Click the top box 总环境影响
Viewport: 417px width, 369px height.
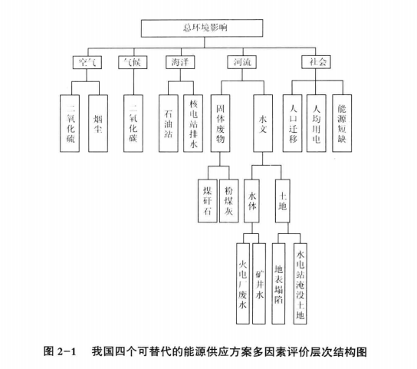coord(202,28)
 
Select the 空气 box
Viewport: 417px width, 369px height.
coord(87,62)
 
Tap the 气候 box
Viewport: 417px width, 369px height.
coord(133,62)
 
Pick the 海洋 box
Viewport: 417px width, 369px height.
coord(180,62)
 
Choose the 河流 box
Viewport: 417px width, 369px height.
coord(242,62)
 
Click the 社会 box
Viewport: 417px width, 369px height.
coord(317,62)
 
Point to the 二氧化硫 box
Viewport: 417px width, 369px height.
coord(70,124)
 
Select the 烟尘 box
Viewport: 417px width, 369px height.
coord(98,124)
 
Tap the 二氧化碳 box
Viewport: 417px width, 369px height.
coord(133,124)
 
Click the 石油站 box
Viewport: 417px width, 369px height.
coord(169,124)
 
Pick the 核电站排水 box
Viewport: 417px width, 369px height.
coord(193,124)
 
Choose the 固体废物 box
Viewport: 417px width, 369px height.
coord(220,124)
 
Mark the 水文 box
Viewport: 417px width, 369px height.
coord(263,124)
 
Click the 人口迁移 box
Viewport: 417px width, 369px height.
coord(292,124)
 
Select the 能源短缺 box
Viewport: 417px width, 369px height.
coord(342,124)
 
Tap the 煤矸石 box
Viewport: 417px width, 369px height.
coord(208,201)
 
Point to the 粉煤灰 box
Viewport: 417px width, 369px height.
coord(228,201)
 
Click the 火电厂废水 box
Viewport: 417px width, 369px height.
coord(243,284)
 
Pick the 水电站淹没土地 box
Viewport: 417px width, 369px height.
coord(300,284)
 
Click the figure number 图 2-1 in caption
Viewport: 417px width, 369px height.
coord(60,351)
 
